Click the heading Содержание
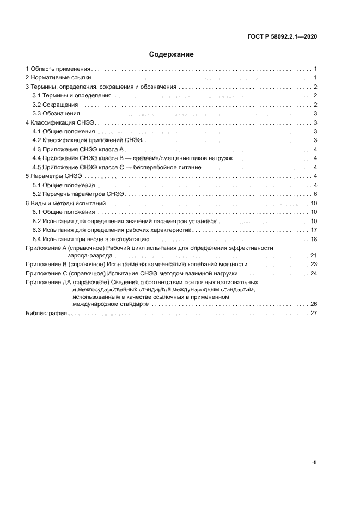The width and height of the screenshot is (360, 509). coord(172,54)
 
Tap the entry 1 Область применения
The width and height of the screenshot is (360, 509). coord(58,69)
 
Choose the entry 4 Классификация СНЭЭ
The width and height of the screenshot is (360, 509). coord(60,123)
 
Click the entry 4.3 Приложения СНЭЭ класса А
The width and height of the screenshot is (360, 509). coord(78,149)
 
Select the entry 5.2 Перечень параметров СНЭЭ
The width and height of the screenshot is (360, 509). coord(78,194)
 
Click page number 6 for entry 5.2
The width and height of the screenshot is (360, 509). coord(315,194)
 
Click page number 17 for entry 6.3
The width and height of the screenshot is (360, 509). coord(314,230)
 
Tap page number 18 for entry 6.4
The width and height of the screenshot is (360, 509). coord(314,239)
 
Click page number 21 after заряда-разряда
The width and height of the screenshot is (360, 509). coord(314,255)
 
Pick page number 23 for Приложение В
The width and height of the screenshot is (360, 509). coord(314,264)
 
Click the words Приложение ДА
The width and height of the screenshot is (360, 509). coord(50,282)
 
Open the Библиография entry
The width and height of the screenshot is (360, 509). coord(46,314)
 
